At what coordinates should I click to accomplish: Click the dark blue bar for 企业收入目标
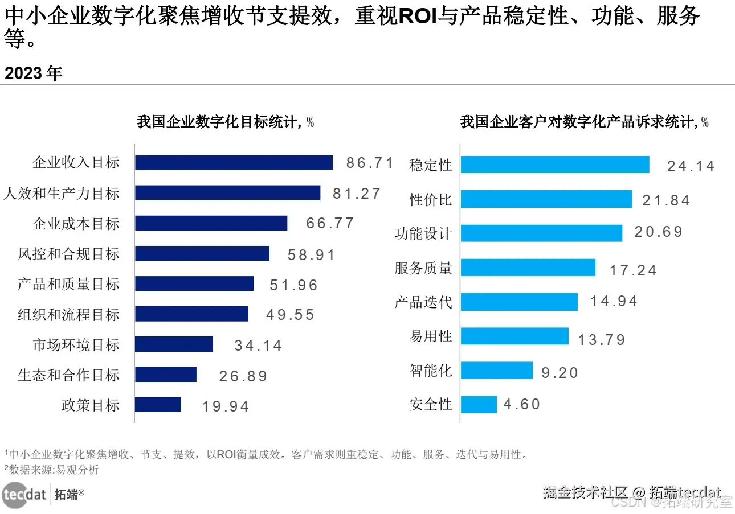tap(234, 163)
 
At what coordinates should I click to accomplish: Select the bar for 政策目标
tap(158, 405)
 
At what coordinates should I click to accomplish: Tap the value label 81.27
tap(357, 194)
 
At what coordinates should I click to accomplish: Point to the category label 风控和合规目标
tap(69, 254)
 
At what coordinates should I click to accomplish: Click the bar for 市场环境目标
tap(174, 344)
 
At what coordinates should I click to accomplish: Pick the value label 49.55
tap(291, 315)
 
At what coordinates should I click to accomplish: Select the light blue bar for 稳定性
tap(555, 165)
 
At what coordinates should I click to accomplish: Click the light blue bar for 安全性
tap(479, 405)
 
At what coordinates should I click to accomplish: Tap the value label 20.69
tap(659, 232)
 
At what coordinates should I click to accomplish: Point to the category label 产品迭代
tap(423, 302)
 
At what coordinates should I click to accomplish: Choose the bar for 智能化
tap(496, 371)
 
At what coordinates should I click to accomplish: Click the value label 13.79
tap(602, 340)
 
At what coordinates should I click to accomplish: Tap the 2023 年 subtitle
tap(34, 73)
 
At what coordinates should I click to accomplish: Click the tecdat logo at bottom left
tap(24, 494)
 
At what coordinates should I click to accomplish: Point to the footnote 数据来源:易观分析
tap(52, 470)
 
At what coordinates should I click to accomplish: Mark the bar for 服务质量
tap(528, 268)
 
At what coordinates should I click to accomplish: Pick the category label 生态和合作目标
tap(69, 375)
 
